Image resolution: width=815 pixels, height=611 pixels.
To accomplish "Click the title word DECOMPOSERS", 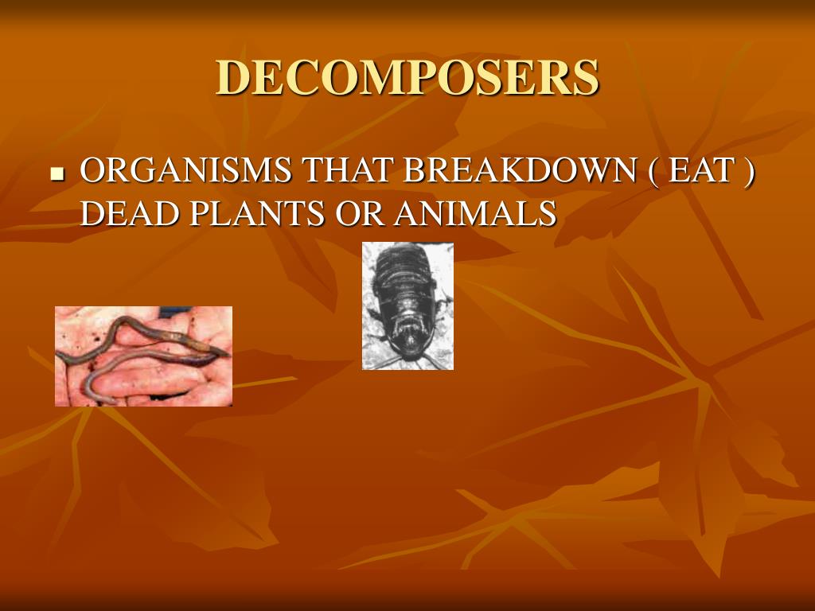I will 407,77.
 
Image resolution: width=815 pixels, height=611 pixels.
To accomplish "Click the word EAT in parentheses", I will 700,172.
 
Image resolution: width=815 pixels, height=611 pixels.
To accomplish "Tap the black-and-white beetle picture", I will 407,306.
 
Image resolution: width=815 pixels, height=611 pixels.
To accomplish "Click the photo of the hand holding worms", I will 143,356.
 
